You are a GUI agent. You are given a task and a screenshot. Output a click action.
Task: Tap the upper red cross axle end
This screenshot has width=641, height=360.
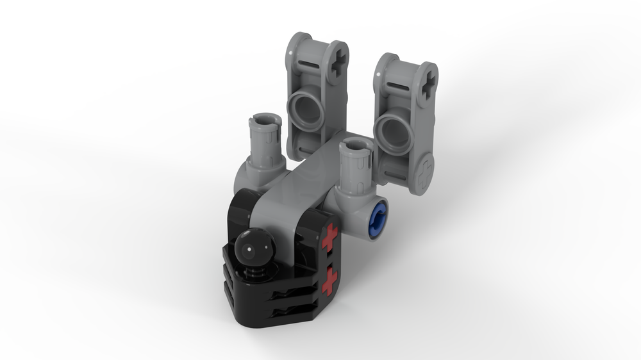tap(329, 238)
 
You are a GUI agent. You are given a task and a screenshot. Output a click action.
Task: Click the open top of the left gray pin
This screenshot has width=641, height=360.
tap(266, 119)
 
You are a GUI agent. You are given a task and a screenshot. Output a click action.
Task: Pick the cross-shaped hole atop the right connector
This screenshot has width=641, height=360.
tap(428, 84)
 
